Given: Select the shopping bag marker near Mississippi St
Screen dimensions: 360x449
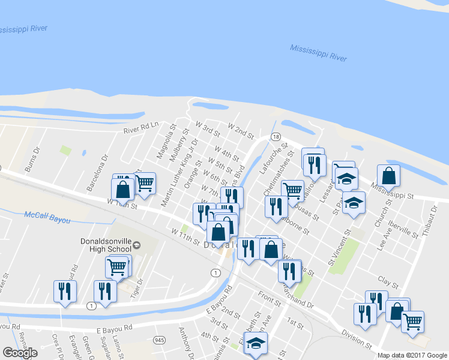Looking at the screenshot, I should [389, 176].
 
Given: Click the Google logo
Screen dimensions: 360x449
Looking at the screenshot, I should [20, 353].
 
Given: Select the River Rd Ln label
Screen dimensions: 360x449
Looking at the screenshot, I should [140, 128].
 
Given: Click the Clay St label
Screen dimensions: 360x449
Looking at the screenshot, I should [388, 281].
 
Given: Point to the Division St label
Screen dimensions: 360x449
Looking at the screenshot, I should [355, 339].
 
